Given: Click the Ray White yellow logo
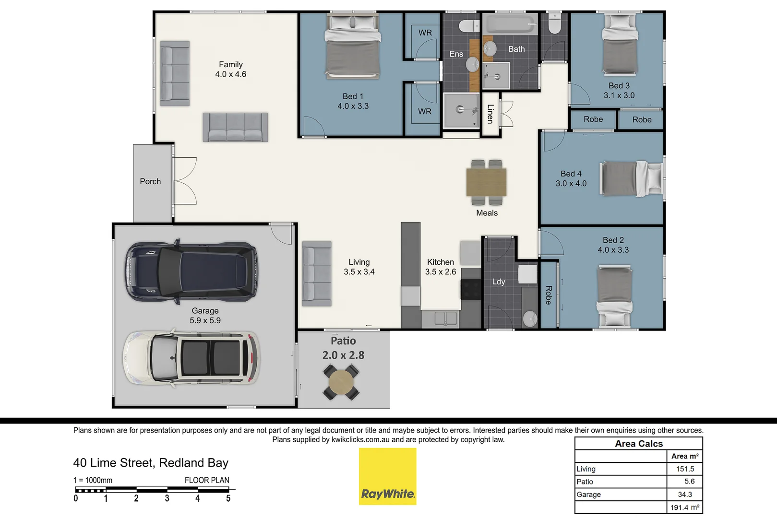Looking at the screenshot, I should tap(387, 476).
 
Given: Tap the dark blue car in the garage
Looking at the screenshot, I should tap(191, 271).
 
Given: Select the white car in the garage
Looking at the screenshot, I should tap(191, 358).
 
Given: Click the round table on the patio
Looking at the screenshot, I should tap(341, 382).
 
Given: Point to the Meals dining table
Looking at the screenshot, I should tap(486, 182).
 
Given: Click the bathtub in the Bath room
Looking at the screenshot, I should tap(509, 24).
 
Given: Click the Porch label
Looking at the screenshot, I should tap(150, 182).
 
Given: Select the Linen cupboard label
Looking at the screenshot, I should tap(490, 114).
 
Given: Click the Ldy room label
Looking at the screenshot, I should tap(498, 282).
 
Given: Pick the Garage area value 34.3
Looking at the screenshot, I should tap(685, 494).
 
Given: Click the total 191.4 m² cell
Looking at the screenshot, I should tap(685, 507).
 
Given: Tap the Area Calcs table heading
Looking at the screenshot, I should tap(639, 444).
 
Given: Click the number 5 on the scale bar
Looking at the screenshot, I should tap(228, 499).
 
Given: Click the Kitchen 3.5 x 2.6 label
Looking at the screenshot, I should tap(440, 267).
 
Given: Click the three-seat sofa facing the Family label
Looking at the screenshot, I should tap(235, 127).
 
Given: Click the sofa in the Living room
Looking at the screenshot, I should tap(317, 273).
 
